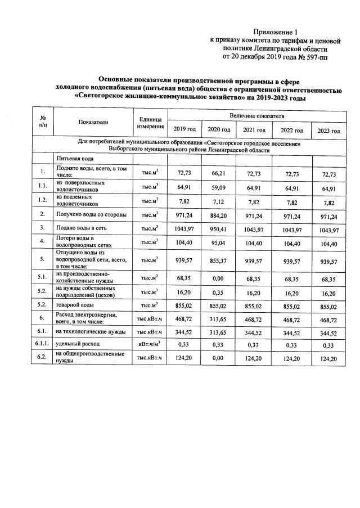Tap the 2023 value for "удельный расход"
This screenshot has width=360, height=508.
tap(328, 344)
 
